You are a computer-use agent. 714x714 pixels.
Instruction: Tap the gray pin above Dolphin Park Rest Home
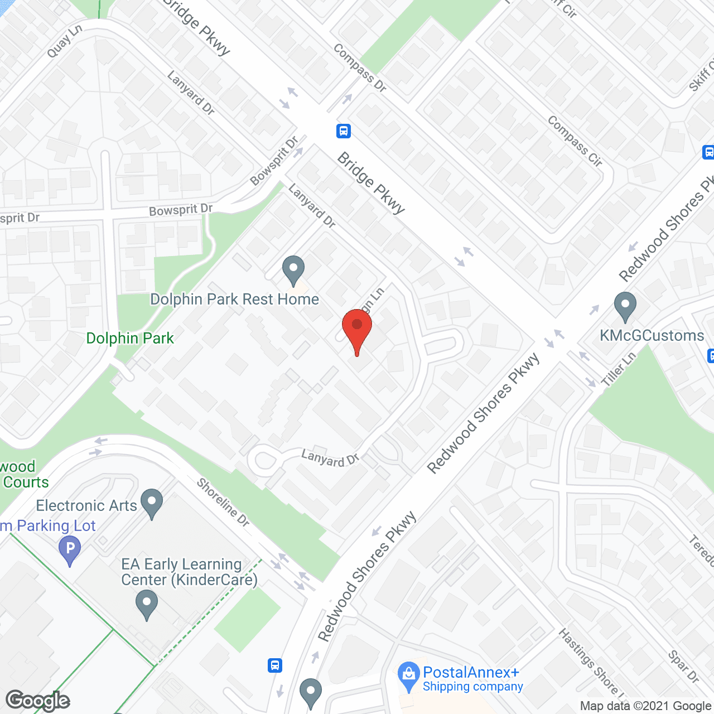[x=293, y=270]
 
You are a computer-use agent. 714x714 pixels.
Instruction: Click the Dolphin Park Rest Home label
[x=235, y=300]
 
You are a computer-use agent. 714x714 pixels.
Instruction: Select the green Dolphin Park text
[x=130, y=339]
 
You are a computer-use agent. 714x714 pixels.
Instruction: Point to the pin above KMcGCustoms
[x=625, y=306]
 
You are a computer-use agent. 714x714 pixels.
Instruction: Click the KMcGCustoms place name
[x=652, y=336]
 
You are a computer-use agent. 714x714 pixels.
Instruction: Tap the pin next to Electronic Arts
[x=152, y=503]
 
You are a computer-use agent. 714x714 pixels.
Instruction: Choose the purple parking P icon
[x=70, y=549]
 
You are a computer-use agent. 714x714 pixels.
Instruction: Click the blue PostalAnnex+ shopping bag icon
[x=409, y=677]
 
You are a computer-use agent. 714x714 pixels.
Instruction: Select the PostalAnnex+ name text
[x=471, y=672]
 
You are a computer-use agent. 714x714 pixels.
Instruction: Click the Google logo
[x=38, y=701]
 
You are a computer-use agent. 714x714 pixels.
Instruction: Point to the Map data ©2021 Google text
[x=645, y=706]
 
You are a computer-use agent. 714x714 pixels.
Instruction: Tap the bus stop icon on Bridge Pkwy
[x=344, y=131]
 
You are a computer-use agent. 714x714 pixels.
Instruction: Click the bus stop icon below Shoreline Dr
[x=275, y=665]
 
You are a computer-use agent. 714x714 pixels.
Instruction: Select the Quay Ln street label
[x=64, y=41]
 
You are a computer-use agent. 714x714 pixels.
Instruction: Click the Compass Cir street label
[x=575, y=141]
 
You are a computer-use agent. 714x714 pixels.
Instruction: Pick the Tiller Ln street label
[x=618, y=369]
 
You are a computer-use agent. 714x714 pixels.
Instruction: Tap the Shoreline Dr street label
[x=223, y=503]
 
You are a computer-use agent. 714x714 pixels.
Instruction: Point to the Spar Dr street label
[x=683, y=667]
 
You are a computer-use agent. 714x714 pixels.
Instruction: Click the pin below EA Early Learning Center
[x=147, y=606]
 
